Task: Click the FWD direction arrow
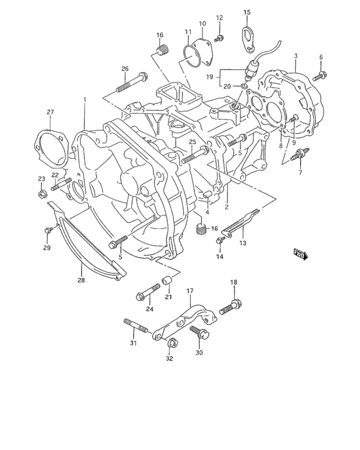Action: click(301, 255)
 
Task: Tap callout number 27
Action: click(50, 112)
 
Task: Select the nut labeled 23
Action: click(42, 195)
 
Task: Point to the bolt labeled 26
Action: click(132, 82)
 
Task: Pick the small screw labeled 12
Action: click(219, 38)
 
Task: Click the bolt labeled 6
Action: click(320, 76)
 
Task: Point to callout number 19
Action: click(210, 76)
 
